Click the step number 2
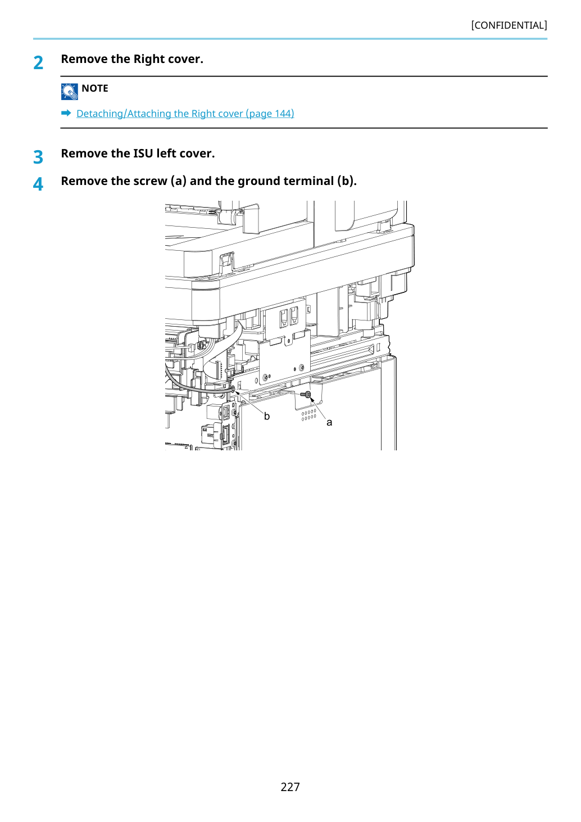38,63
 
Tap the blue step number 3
38,157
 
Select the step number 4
38,184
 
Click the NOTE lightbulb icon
69,92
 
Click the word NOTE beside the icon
94,88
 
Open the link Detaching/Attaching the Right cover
185,114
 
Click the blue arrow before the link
66,113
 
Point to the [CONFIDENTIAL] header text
509,25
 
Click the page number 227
290,787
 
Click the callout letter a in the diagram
329,423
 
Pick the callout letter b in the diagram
267,416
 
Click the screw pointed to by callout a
306,395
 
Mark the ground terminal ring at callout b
233,389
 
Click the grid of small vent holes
308,414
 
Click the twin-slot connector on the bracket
289,317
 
